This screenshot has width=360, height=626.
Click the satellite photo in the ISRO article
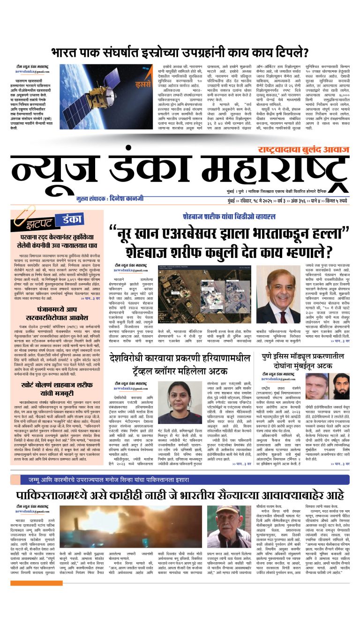pos(89,103)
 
